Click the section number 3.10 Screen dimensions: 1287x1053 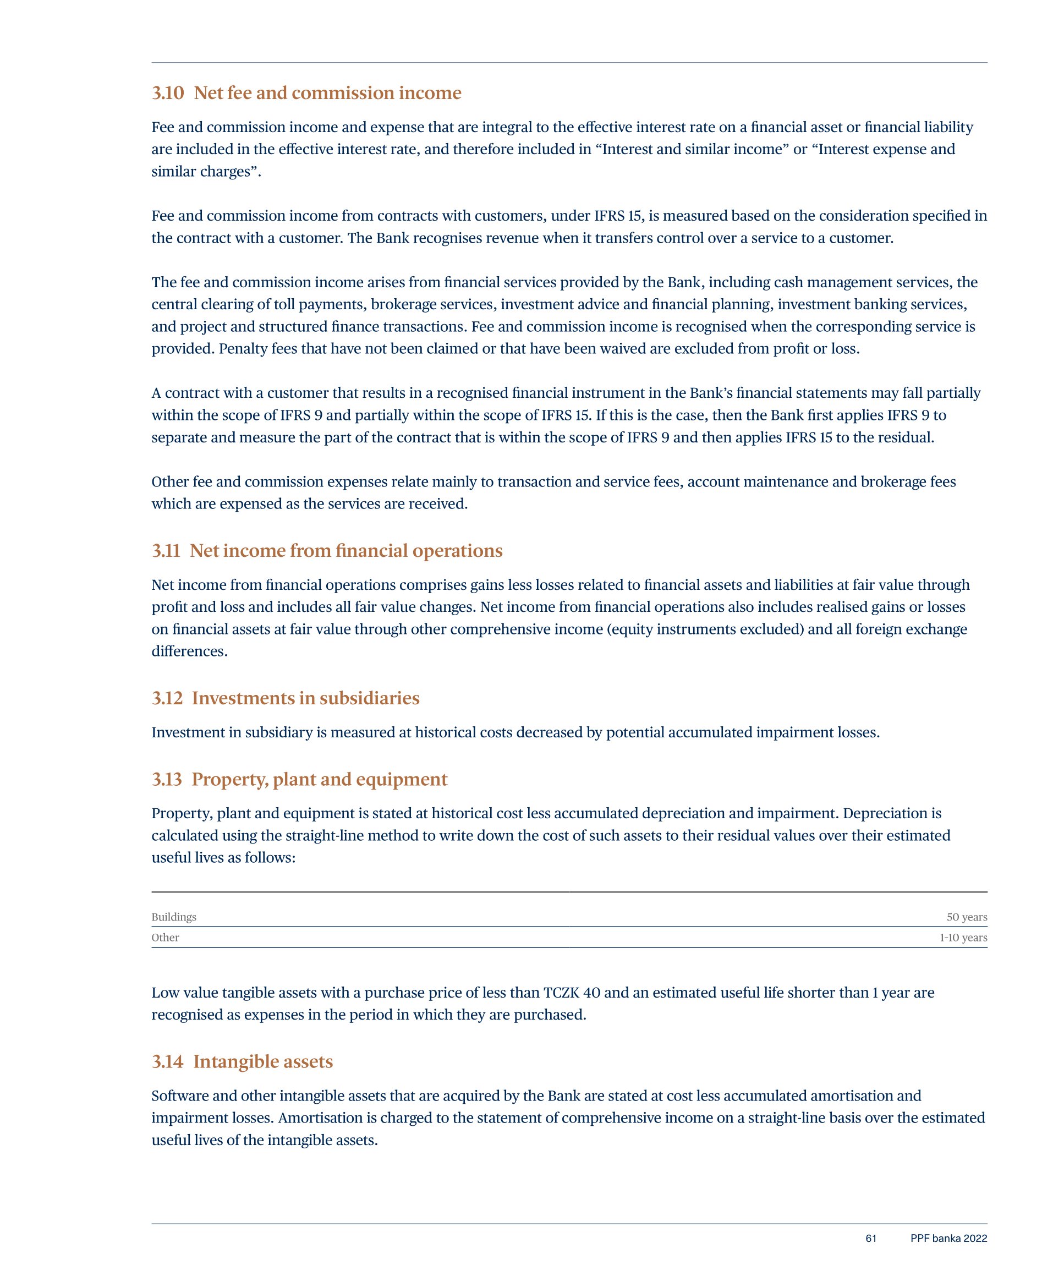167,93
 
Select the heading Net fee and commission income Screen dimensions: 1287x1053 327,93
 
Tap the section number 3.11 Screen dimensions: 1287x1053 166,551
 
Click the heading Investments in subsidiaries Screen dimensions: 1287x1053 305,698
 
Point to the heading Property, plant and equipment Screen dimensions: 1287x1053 319,779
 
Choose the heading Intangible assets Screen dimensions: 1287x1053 262,1061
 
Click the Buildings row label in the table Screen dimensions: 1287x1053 173,917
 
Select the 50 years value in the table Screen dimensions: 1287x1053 966,917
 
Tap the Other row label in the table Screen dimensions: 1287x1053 165,938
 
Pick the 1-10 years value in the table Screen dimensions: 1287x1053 963,938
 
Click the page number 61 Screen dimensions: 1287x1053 870,1239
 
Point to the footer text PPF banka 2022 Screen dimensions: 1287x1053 948,1239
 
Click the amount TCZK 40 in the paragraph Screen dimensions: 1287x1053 572,993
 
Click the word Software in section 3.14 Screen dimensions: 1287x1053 179,1096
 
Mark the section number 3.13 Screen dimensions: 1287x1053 167,779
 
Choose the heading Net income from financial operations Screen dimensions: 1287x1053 345,551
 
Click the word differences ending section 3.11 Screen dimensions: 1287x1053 189,651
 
